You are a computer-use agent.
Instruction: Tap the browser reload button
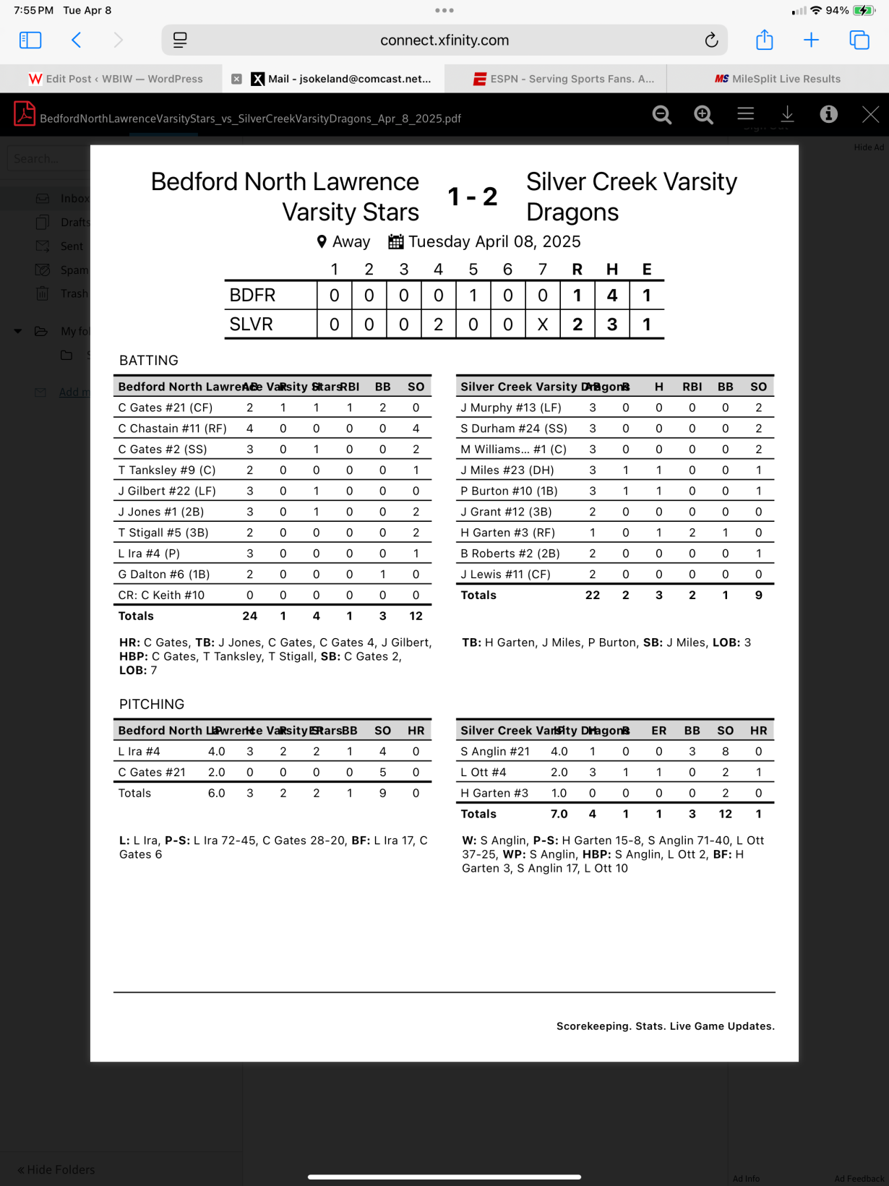(711, 40)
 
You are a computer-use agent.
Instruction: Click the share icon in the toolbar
(764, 40)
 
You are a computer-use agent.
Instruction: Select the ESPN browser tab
(564, 79)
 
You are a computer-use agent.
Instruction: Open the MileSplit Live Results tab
(778, 79)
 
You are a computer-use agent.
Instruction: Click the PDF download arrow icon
(787, 114)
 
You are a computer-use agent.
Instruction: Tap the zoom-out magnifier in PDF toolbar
(661, 114)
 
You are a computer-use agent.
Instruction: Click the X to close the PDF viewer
(870, 114)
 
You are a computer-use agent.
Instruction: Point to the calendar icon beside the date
(395, 241)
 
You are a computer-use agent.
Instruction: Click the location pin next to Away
(322, 241)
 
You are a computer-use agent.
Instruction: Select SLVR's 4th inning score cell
(438, 325)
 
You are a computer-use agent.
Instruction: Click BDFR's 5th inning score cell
(473, 296)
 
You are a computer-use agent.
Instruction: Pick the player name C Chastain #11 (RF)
(172, 429)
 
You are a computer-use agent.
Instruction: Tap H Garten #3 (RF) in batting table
(507, 533)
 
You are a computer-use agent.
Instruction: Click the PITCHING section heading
(152, 704)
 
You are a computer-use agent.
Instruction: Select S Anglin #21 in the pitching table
(495, 752)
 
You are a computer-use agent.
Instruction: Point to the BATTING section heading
(148, 360)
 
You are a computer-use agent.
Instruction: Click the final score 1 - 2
(472, 197)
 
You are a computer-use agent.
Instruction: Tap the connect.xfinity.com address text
(444, 40)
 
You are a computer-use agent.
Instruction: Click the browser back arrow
(77, 40)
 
